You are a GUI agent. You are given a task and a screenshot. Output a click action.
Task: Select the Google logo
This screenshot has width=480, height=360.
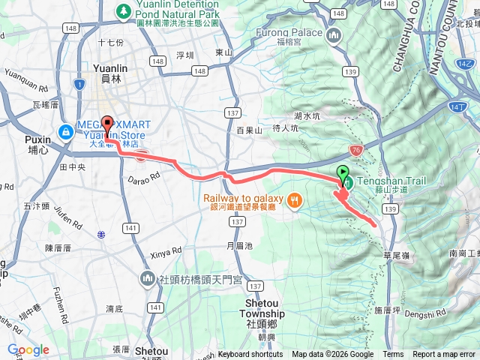pyautogui.click(x=28, y=349)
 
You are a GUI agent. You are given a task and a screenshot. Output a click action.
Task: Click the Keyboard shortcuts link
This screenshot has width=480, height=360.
pyautogui.click(x=250, y=355)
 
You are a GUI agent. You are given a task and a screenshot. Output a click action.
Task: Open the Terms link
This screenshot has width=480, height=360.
pyautogui.click(x=393, y=355)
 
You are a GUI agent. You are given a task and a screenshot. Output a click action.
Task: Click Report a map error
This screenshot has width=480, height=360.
pyautogui.click(x=444, y=355)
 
